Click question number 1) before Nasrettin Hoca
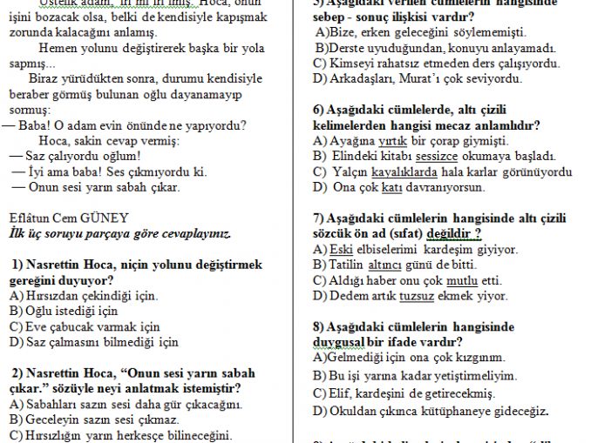coord(18,265)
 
